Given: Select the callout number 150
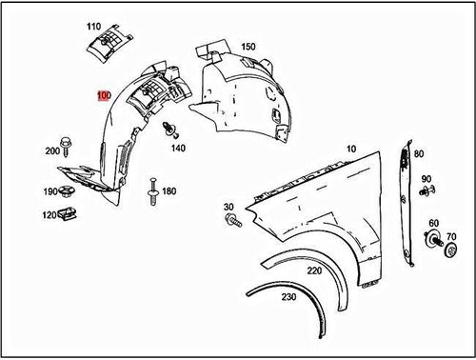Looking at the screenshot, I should pyautogui.click(x=248, y=47).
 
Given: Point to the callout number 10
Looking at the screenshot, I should pyautogui.click(x=350, y=150).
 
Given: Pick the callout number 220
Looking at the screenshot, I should pyautogui.click(x=313, y=270).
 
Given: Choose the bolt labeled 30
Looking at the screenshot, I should pyautogui.click(x=231, y=221).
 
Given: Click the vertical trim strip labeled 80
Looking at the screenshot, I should pyautogui.click(x=408, y=200).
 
